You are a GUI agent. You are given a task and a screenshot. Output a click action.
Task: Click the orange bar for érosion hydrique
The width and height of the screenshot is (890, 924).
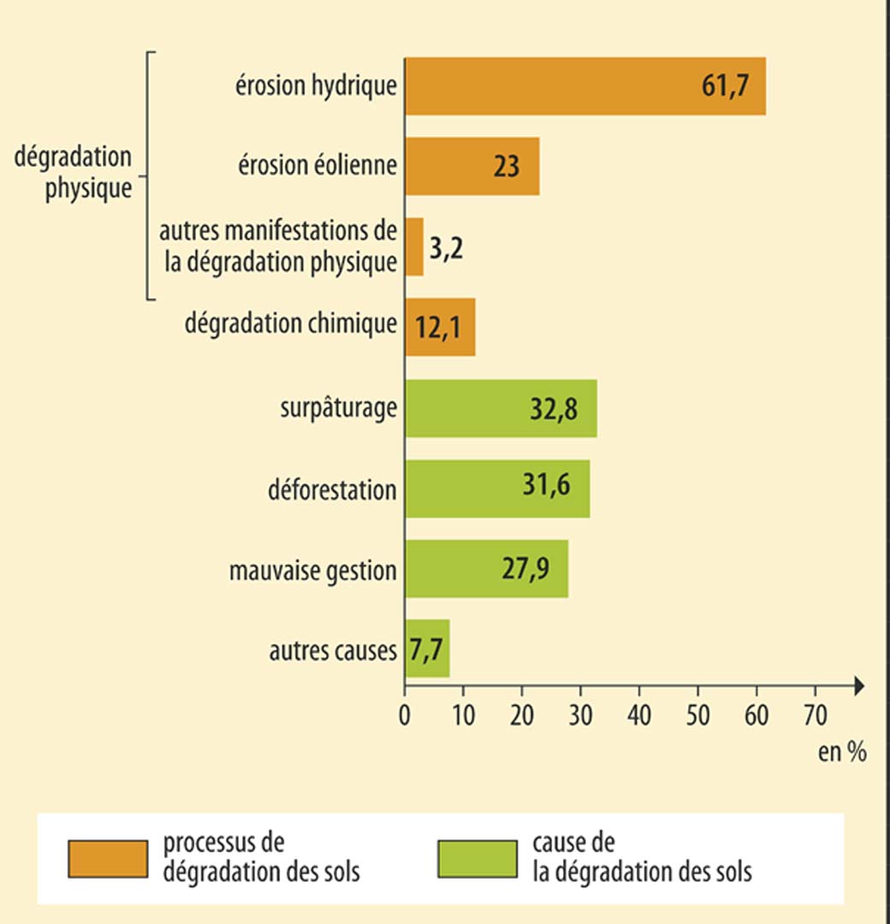coord(584,86)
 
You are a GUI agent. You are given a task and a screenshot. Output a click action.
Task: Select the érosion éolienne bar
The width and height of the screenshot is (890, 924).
coord(472,165)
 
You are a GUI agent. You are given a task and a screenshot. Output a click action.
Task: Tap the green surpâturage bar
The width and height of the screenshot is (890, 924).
coord(501,408)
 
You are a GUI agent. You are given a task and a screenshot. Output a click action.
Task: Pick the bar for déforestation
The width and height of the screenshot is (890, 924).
coord(497,489)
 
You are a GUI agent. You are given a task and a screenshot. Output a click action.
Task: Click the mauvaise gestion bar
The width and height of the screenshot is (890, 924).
coord(486,568)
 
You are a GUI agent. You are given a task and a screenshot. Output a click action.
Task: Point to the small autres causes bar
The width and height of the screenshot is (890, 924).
coord(427,649)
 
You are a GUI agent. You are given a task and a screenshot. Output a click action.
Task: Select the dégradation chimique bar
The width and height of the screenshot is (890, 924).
coord(440,327)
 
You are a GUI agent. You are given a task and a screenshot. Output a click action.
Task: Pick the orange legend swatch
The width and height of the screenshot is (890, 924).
coord(107,858)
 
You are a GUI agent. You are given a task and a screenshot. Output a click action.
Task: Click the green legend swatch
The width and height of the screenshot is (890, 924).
coord(477,858)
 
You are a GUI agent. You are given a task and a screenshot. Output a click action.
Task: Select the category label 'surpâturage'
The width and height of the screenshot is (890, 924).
coord(338,409)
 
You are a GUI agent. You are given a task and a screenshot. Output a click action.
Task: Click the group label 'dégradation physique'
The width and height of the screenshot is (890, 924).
coord(74,173)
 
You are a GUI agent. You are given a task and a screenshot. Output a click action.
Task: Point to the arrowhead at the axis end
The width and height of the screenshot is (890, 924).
coord(858,685)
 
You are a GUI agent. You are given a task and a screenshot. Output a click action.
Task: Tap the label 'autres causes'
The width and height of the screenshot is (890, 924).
coord(333,651)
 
